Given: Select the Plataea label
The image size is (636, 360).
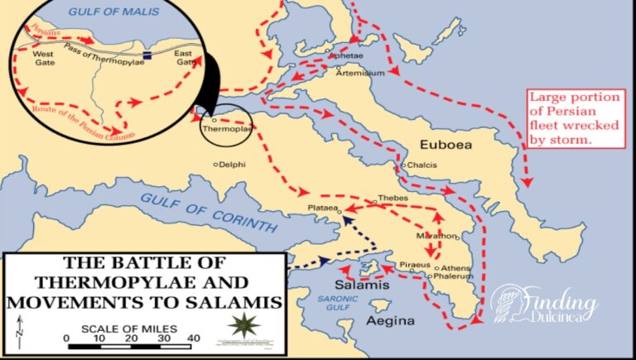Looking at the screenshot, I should click(322, 209).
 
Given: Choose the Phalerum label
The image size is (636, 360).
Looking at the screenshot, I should click(452, 277).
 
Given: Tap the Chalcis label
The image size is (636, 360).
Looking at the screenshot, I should click(420, 166).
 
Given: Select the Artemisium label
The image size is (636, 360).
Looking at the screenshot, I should click(360, 74).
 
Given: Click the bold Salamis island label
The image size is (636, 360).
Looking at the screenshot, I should click(363, 286).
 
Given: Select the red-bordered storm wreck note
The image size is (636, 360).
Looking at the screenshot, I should click(574, 119).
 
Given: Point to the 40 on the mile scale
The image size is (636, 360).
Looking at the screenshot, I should click(193, 338).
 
